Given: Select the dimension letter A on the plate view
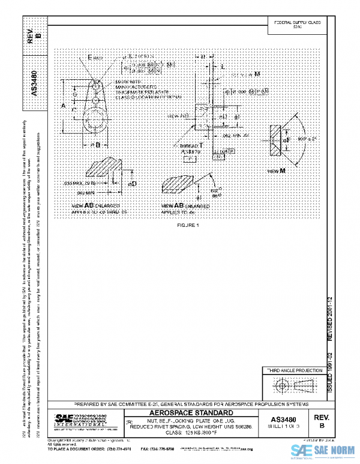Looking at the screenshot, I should [x=63, y=105].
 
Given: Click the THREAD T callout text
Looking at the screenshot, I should [x=191, y=146].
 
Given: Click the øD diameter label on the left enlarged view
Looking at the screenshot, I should [x=133, y=182].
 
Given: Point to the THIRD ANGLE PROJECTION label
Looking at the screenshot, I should [x=290, y=372].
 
